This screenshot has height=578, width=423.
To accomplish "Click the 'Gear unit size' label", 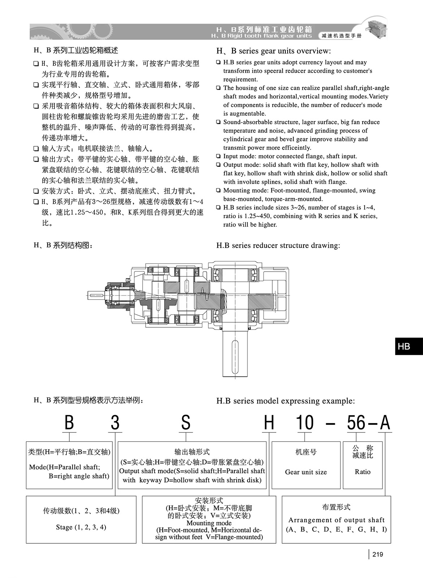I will (x=306, y=472).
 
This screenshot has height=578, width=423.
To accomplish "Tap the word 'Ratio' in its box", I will (x=362, y=471).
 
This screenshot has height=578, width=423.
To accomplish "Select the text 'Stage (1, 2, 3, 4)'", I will (x=81, y=527).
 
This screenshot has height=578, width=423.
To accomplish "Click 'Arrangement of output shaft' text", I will (x=336, y=520).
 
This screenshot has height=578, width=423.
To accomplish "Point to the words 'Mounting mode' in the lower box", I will (x=209, y=523).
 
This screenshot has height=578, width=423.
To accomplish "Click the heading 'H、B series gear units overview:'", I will (x=273, y=51).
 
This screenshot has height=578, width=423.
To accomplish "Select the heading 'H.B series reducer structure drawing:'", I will (x=278, y=245).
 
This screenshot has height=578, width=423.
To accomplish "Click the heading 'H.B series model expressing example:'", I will (x=285, y=401).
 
